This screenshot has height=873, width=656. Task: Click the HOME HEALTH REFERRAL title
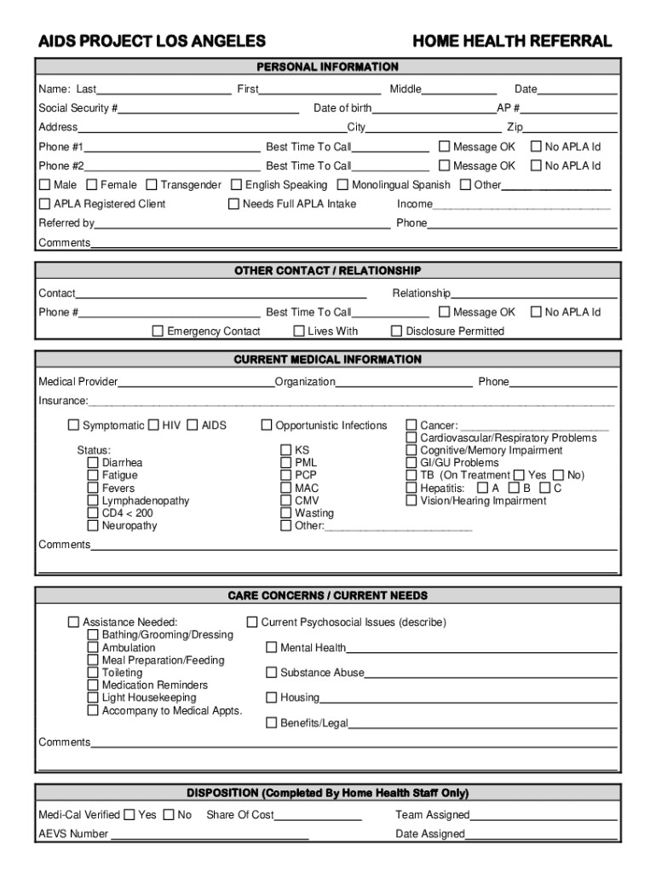511,41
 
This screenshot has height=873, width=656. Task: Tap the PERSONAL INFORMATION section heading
328,66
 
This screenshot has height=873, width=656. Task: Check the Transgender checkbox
152,185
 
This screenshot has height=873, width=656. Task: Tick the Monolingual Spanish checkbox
342,185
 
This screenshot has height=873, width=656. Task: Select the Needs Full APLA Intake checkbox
233,204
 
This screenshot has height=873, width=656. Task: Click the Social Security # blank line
209,108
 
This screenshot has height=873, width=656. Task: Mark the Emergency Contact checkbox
158,331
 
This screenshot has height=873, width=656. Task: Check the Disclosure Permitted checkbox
396,331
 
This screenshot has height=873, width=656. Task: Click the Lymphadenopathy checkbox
93,500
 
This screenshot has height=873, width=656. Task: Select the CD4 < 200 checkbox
93,513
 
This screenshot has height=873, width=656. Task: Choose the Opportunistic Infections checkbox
267,425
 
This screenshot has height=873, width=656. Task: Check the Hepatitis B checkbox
514,488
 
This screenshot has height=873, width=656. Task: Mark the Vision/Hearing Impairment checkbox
411,500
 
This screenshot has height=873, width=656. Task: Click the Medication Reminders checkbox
93,685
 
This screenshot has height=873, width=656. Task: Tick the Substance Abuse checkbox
272,673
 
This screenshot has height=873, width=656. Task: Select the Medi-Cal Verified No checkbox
169,815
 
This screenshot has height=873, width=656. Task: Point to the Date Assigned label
430,834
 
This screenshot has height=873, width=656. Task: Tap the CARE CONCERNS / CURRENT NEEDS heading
328,595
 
